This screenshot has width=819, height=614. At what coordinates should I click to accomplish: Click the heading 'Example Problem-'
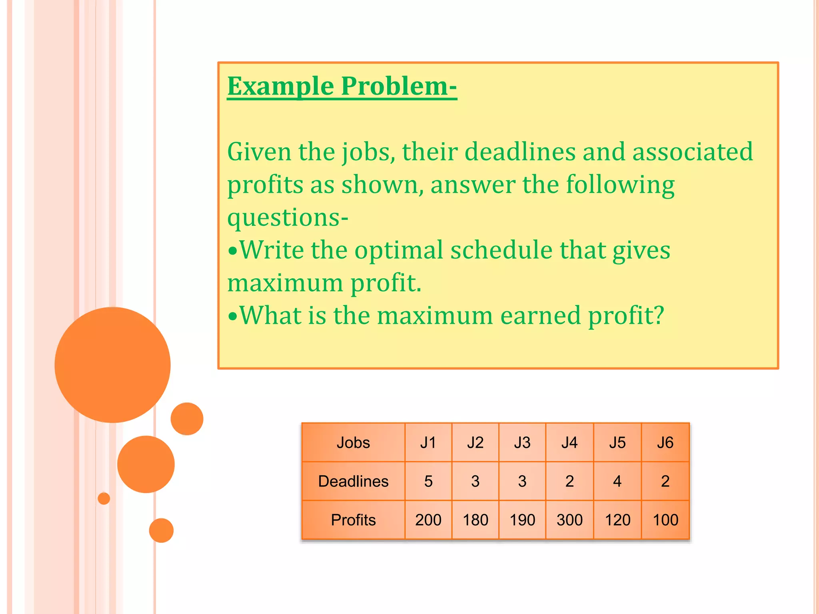pyautogui.click(x=342, y=86)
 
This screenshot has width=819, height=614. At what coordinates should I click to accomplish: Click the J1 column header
pyautogui.click(x=428, y=443)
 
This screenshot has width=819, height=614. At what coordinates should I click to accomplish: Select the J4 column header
pyautogui.click(x=569, y=443)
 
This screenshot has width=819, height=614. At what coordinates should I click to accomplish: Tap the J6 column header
pyautogui.click(x=665, y=443)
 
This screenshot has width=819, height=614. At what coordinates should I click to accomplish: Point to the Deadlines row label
pyautogui.click(x=353, y=481)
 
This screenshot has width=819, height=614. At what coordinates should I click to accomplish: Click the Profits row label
pyautogui.click(x=353, y=520)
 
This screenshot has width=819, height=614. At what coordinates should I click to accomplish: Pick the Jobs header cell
pyautogui.click(x=353, y=443)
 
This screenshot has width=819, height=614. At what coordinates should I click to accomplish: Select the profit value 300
pyautogui.click(x=569, y=520)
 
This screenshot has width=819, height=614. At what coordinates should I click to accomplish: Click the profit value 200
pyautogui.click(x=428, y=520)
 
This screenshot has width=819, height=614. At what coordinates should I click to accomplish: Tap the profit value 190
pyautogui.click(x=522, y=520)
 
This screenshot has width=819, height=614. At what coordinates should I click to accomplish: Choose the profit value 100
pyautogui.click(x=665, y=520)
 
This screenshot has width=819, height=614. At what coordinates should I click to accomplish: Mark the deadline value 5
pyautogui.click(x=428, y=481)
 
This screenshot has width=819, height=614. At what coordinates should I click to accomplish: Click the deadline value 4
pyautogui.click(x=617, y=481)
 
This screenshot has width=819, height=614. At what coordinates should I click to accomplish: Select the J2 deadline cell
pyautogui.click(x=475, y=481)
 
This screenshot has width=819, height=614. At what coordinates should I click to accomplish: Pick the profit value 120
pyautogui.click(x=617, y=520)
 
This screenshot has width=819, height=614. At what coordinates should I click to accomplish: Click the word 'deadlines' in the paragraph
pyautogui.click(x=520, y=152)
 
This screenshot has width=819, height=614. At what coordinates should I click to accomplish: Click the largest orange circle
pyautogui.click(x=112, y=365)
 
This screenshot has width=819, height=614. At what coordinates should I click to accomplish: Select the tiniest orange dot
pyautogui.click(x=104, y=498)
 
